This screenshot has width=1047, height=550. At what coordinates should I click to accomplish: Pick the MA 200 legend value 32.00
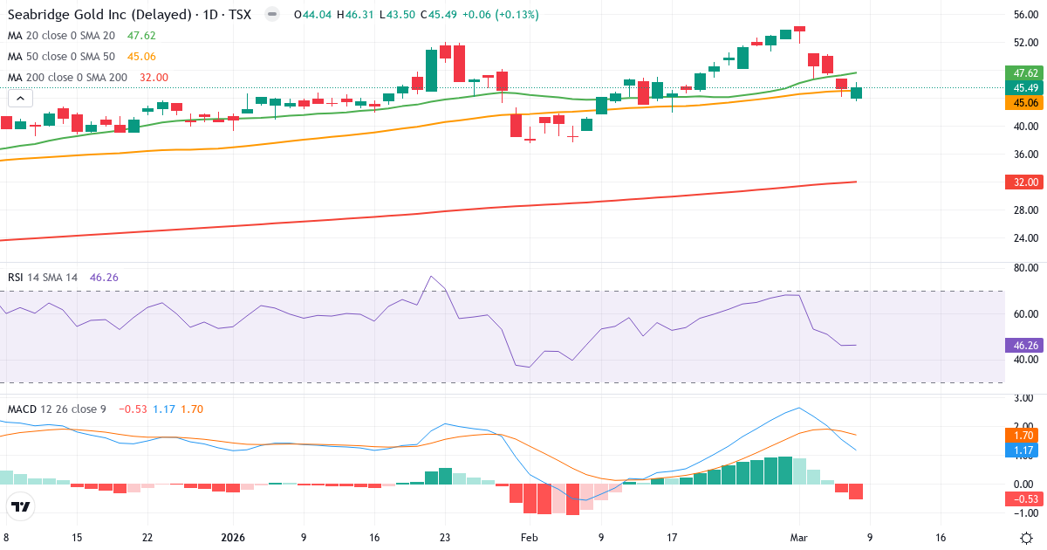154,78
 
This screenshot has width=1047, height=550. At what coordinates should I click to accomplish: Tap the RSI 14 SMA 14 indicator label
43,278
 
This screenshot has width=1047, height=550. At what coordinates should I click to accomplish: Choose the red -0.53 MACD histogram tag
1023,499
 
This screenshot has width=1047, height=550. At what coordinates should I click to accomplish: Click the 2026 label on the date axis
233,538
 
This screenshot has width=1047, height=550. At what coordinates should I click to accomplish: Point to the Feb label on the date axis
530,538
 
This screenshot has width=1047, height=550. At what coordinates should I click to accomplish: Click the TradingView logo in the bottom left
21,506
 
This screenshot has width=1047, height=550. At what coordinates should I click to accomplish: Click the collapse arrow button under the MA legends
17,100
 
